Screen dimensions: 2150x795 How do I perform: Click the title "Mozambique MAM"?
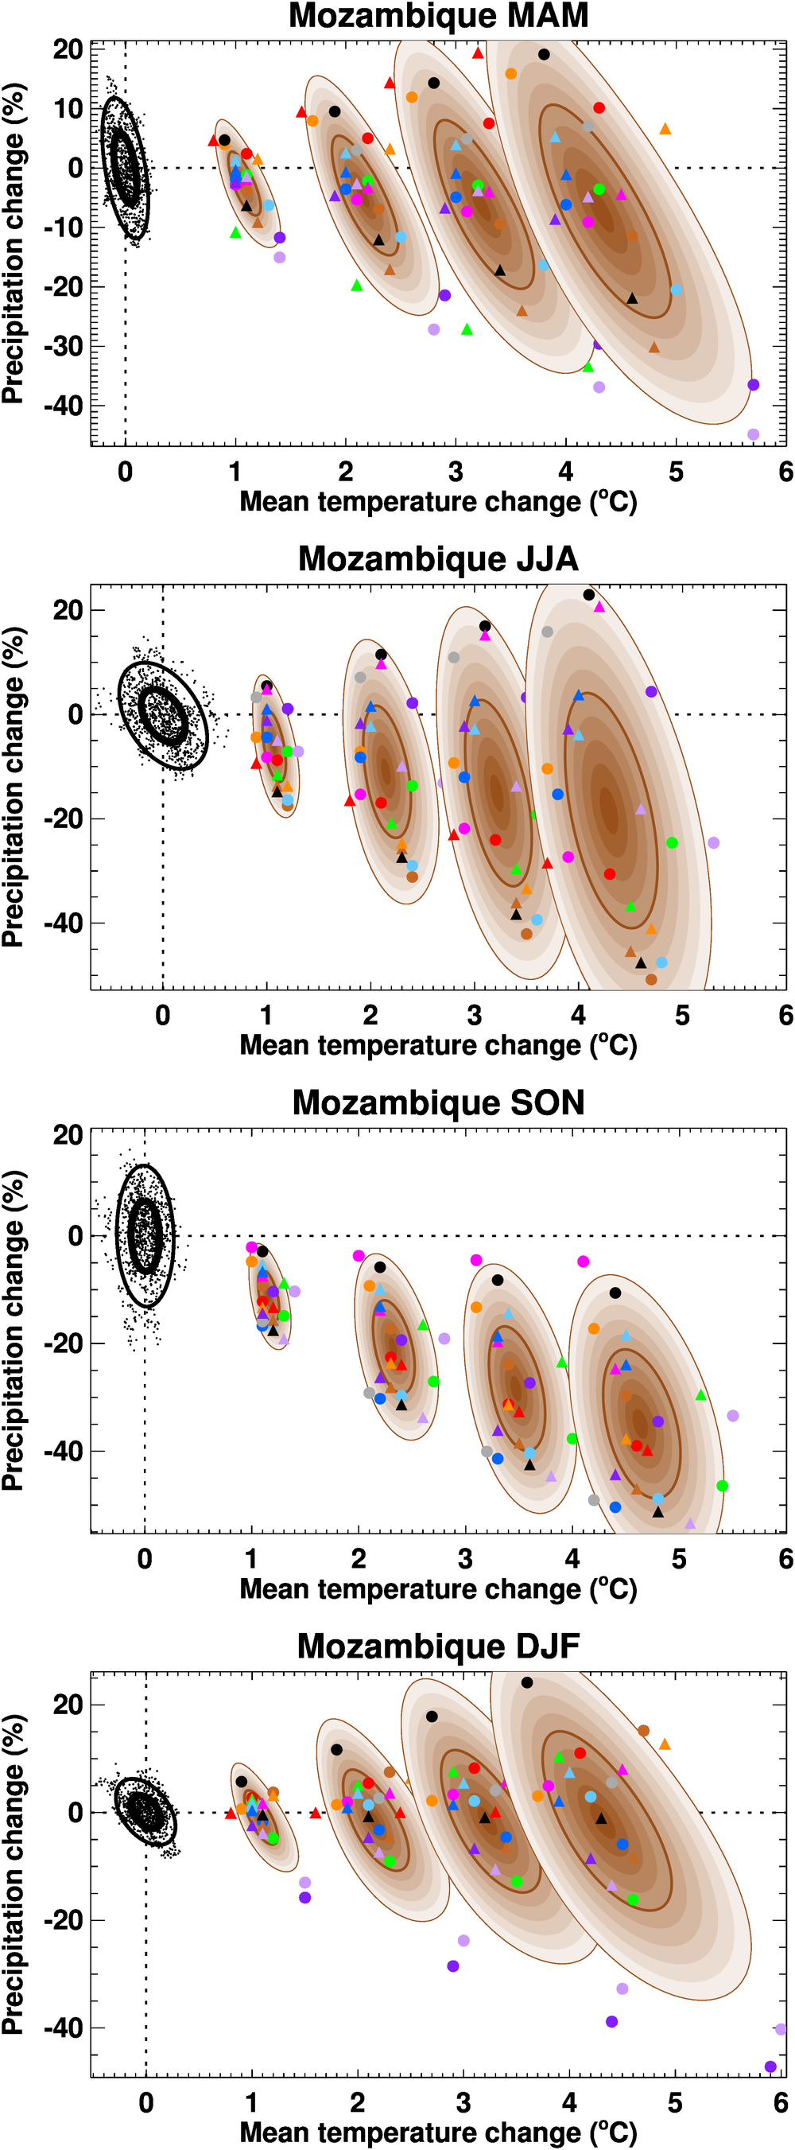(438, 16)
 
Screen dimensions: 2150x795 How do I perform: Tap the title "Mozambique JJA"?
(438, 559)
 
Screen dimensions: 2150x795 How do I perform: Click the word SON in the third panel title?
(547, 1102)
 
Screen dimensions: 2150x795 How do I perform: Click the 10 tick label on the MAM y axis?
(68, 109)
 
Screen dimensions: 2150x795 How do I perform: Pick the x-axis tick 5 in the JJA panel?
(681, 1016)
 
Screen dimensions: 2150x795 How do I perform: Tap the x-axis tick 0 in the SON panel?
(145, 1559)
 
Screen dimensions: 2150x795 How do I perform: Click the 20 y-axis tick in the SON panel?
(68, 1135)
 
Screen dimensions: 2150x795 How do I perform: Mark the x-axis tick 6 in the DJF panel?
(781, 2102)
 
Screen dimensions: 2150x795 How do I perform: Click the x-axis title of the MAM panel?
(438, 503)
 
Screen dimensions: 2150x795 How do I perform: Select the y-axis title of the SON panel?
(14, 1332)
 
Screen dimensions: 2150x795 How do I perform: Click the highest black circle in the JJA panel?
(589, 595)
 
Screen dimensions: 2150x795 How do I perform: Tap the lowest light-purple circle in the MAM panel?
(754, 435)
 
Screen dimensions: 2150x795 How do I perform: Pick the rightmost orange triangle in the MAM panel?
(665, 130)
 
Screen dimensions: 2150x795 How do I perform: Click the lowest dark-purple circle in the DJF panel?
(770, 2066)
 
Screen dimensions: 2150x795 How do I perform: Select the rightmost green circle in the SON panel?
(723, 1486)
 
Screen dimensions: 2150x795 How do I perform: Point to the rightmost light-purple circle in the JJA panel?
(713, 843)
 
